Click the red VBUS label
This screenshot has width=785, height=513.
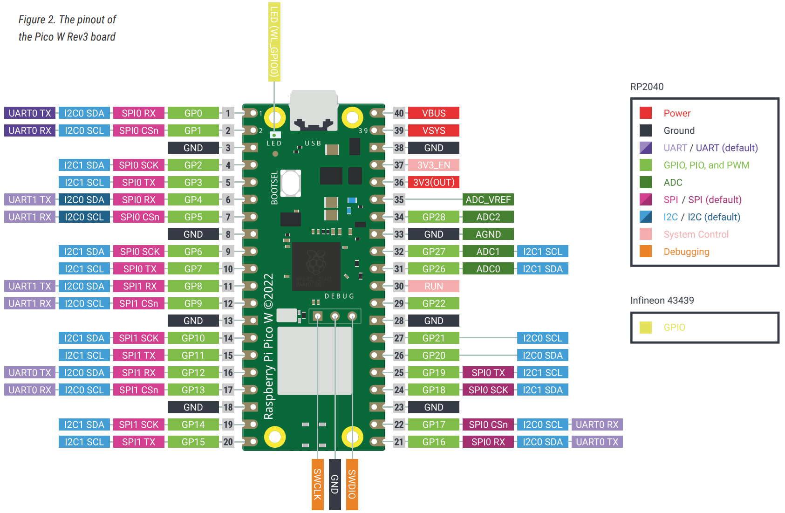(x=433, y=113)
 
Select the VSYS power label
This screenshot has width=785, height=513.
(x=433, y=130)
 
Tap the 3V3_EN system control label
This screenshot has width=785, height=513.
(x=433, y=165)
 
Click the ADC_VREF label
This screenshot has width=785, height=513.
(x=488, y=200)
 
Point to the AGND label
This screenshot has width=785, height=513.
(x=488, y=234)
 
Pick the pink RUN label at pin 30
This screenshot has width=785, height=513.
(x=433, y=286)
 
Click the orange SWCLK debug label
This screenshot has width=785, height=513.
(x=317, y=484)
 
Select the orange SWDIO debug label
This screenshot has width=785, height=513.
(x=352, y=484)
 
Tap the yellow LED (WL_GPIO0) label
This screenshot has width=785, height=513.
(x=274, y=41)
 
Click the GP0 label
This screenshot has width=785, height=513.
(x=193, y=113)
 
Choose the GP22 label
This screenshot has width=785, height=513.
(x=433, y=304)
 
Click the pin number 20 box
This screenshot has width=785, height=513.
(x=228, y=442)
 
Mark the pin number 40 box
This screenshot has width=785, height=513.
(x=399, y=113)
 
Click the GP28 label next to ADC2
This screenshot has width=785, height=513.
(x=433, y=217)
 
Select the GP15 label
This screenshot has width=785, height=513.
(x=193, y=442)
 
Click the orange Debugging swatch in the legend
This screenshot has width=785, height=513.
(x=646, y=252)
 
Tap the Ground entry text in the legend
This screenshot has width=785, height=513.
(x=679, y=130)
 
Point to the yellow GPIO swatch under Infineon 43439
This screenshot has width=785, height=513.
(x=646, y=328)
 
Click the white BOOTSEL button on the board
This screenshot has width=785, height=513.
(x=291, y=183)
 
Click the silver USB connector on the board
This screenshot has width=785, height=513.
(x=314, y=109)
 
